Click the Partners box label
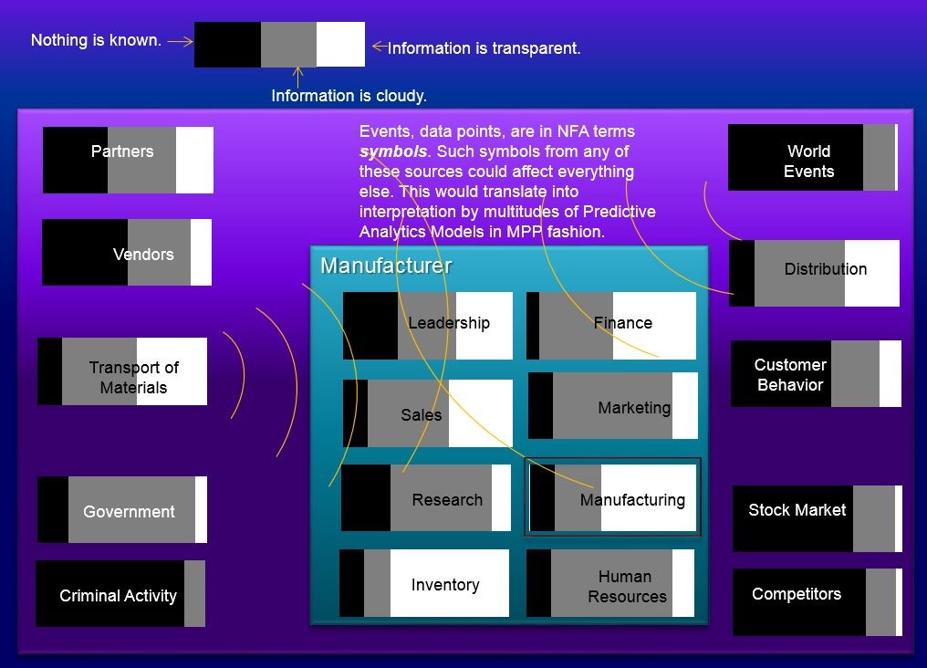coord(122,151)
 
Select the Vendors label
coord(143,255)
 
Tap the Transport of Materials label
coord(133,378)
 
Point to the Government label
coord(129,512)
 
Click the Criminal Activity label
coord(118,596)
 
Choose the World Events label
coord(808,162)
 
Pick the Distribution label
coord(825,269)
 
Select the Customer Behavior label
coord(790,375)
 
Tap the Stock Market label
coord(797,510)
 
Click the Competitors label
coord(796,594)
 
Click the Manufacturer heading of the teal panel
coord(386,266)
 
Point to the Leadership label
coord(448,323)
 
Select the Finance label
coord(622,323)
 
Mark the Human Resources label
coord(626,587)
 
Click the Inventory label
coord(444,585)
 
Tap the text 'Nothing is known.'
coord(96,40)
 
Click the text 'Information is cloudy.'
coord(349,96)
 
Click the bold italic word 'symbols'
coord(393,151)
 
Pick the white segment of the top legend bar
coord(340,45)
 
